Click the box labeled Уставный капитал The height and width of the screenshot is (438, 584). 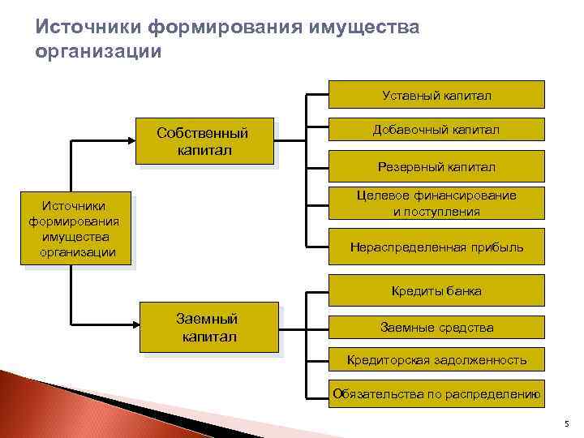436,95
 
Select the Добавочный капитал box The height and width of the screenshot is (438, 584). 436,131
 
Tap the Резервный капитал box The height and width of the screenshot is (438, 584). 436,167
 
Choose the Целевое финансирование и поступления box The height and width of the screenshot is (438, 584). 436,204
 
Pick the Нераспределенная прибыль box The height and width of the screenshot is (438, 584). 436,247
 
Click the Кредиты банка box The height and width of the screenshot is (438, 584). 436,290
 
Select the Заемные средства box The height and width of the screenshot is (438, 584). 436,328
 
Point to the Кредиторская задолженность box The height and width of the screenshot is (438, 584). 436,360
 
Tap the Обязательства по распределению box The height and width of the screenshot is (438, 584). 436,395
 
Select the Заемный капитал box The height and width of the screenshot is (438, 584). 208,328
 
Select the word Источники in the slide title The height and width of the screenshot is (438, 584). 88,29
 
